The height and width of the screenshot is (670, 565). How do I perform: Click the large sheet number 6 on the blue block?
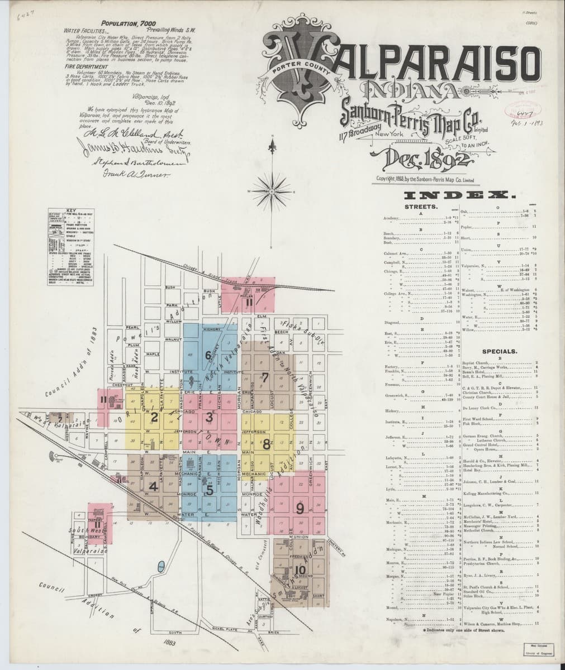tap(208, 355)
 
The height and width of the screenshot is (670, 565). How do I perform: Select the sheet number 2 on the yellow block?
tap(155, 417)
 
